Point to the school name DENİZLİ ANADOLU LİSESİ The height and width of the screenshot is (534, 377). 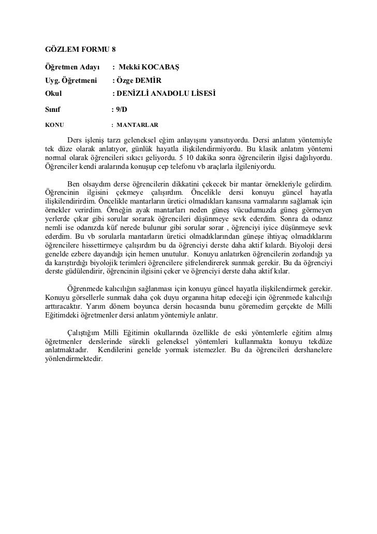[166, 94]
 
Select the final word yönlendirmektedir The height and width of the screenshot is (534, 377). [74, 360]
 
